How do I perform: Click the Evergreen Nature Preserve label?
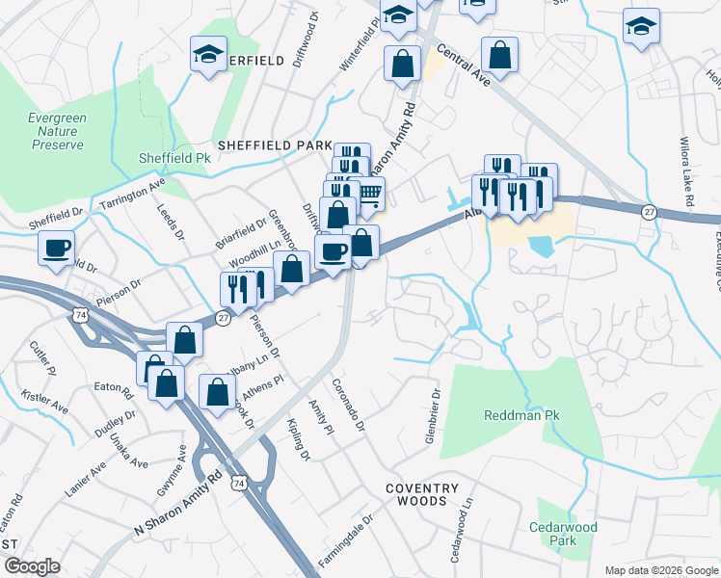pos(57,131)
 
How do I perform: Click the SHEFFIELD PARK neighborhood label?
pos(274,145)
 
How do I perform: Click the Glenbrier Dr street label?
pos(433,417)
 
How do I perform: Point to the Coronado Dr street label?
pos(347,404)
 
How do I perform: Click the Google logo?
pos(32,566)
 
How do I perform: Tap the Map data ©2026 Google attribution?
pos(661,570)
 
